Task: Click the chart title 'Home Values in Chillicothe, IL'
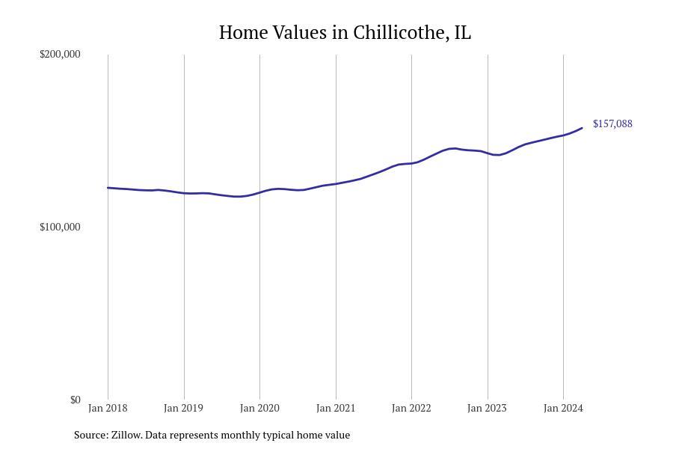click(x=345, y=33)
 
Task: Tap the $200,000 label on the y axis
click(x=60, y=54)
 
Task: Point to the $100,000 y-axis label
click(x=60, y=227)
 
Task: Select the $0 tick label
click(x=75, y=400)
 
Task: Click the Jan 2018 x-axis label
click(x=108, y=408)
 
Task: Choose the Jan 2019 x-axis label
click(x=183, y=408)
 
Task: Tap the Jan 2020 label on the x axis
click(x=259, y=408)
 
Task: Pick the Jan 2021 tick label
click(x=336, y=408)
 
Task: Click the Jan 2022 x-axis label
click(x=411, y=408)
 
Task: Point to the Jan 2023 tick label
click(x=487, y=408)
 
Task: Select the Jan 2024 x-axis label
click(x=563, y=408)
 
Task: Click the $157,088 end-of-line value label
click(x=612, y=123)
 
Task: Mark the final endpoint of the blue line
click(x=582, y=128)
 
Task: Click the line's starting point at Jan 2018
click(x=108, y=188)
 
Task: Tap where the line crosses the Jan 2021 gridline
click(x=336, y=183)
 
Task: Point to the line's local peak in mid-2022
click(x=453, y=148)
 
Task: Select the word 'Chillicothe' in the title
click(x=401, y=33)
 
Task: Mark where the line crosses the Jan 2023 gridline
click(x=488, y=153)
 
